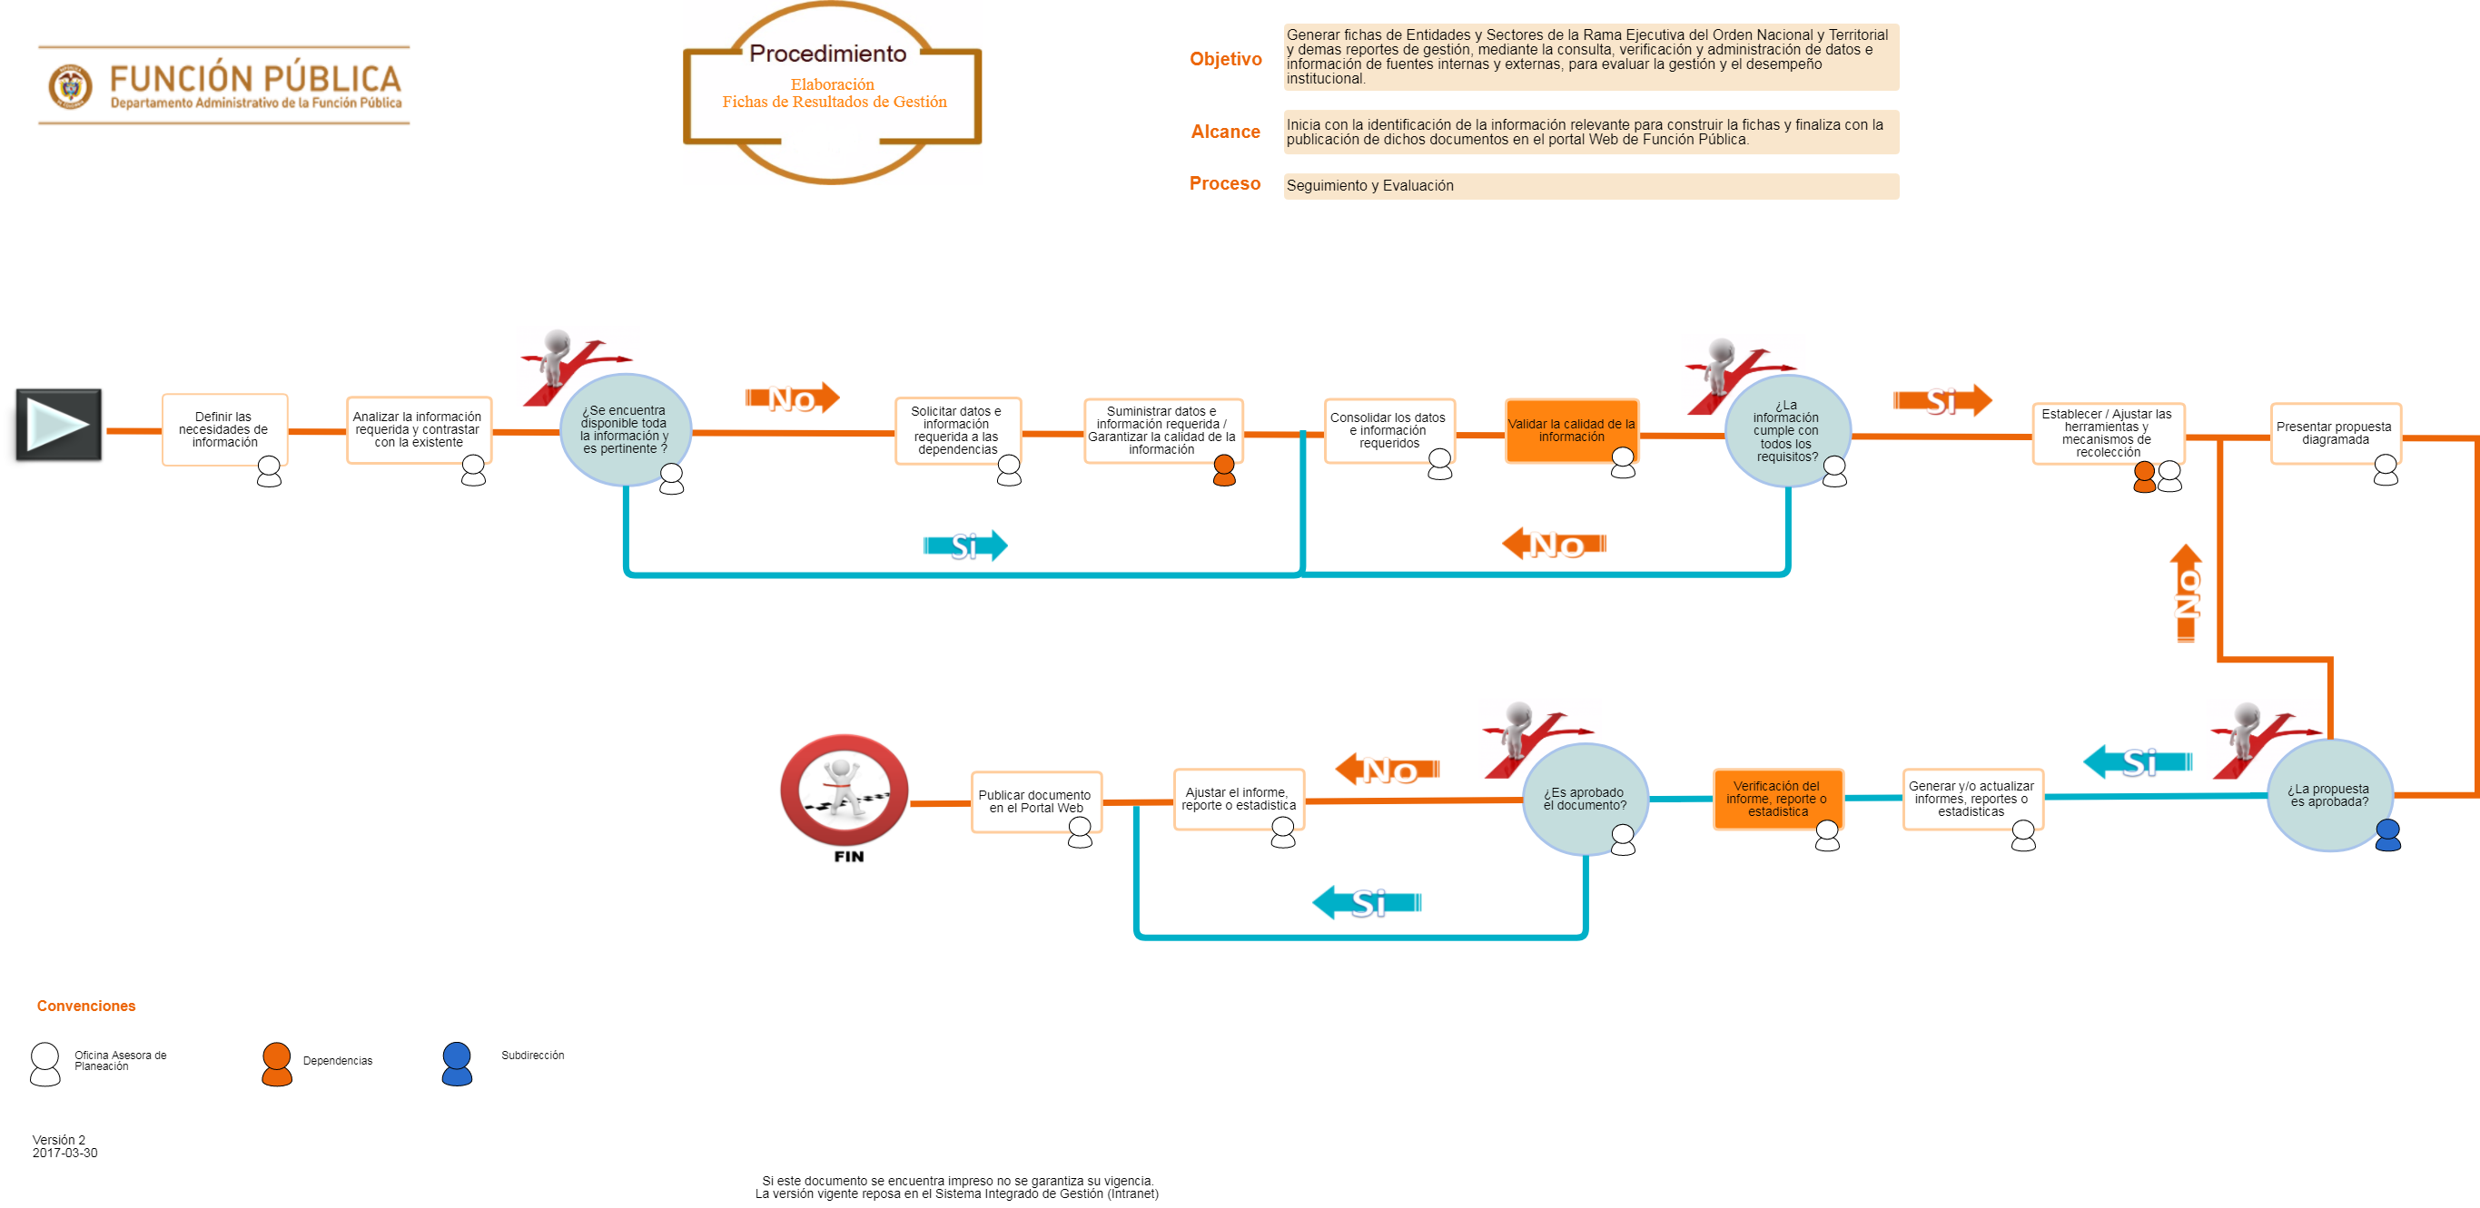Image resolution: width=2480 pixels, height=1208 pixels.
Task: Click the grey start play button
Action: [x=58, y=424]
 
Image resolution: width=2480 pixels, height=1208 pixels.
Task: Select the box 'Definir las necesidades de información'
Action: [x=223, y=429]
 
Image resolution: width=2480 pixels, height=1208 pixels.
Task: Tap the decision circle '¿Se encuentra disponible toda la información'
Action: [x=624, y=429]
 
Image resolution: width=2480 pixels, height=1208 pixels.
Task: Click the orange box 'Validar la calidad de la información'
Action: [x=1570, y=430]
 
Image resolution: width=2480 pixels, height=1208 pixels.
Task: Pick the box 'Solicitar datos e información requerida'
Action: [x=956, y=430]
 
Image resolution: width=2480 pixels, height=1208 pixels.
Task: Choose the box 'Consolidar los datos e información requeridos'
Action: [x=1388, y=430]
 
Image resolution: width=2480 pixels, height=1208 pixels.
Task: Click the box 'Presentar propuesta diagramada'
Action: [x=2334, y=433]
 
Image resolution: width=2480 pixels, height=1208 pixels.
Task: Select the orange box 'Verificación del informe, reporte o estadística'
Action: [x=1776, y=798]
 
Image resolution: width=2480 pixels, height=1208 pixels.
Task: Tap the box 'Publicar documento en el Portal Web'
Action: [x=1034, y=800]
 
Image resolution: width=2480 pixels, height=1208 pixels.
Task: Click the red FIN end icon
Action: [x=844, y=789]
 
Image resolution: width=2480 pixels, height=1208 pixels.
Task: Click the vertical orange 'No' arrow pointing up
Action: [x=2186, y=594]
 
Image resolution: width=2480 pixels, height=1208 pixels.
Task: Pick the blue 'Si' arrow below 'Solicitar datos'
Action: [x=964, y=545]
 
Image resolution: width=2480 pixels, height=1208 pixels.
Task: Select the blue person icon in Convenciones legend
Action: [x=457, y=1064]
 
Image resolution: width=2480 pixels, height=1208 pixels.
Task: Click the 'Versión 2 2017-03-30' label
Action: [x=74, y=1146]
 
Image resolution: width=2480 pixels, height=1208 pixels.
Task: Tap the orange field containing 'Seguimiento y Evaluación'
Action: [x=1589, y=186]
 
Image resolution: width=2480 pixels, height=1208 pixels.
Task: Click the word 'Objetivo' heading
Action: [x=1225, y=59]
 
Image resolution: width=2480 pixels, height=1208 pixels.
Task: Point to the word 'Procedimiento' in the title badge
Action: [x=828, y=54]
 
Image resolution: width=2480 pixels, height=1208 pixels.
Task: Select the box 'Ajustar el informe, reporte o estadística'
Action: [x=1238, y=799]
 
